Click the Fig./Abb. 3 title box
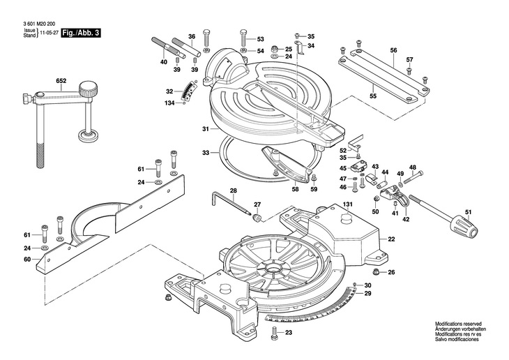[81, 33]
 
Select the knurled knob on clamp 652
[88, 89]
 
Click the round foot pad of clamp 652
[88, 135]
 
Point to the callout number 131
[347, 204]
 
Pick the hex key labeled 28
[231, 203]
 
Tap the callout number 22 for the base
[391, 239]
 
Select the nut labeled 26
[377, 272]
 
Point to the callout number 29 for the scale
[367, 294]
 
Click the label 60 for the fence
[27, 260]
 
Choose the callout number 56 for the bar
[393, 50]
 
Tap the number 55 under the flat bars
[373, 96]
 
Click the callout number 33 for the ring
[206, 152]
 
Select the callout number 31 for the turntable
[205, 129]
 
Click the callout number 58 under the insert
[295, 189]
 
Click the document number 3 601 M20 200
[39, 24]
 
